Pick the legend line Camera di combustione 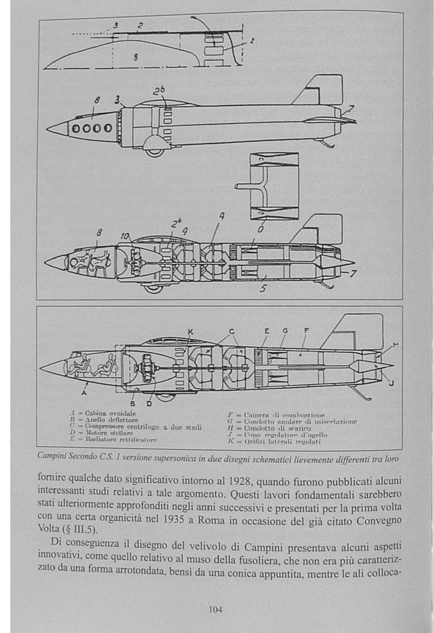click(x=276, y=415)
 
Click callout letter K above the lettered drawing click(x=190, y=332)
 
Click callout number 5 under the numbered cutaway click(x=263, y=289)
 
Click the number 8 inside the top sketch click(x=135, y=58)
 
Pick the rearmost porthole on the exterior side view click(x=108, y=128)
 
